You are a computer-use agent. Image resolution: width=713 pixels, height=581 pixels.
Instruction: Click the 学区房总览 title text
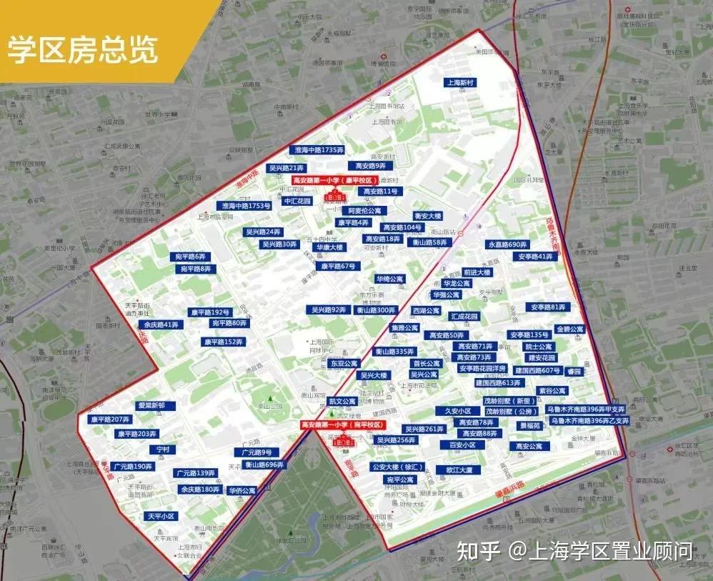click(83, 51)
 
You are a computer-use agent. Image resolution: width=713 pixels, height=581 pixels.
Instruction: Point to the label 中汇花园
click(298, 202)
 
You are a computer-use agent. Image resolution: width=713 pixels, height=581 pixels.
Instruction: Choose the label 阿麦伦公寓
click(364, 211)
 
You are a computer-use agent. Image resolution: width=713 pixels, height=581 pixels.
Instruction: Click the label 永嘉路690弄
click(508, 244)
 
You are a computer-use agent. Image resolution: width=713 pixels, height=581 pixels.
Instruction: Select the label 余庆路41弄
click(160, 324)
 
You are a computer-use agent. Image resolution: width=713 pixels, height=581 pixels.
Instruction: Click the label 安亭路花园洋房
click(482, 369)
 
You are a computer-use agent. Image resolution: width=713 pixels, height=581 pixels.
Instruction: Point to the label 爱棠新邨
click(151, 406)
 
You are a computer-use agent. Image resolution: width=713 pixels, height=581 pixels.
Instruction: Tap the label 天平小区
click(161, 516)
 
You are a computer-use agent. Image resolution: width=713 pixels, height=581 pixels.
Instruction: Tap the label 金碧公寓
click(570, 329)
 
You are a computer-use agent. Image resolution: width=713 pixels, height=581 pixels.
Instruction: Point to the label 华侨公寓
click(242, 491)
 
